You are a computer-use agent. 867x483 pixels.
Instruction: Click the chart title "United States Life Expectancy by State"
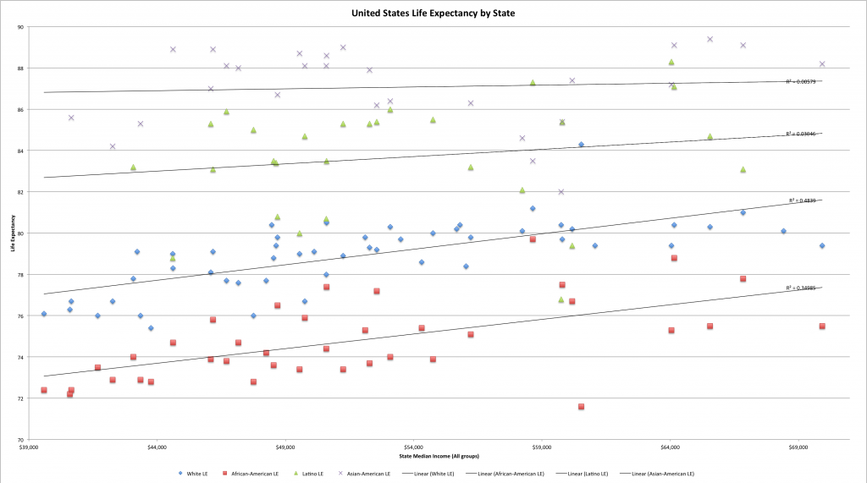tap(433, 14)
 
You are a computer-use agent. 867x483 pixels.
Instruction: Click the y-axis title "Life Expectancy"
tap(13, 233)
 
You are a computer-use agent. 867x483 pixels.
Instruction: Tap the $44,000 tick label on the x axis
tap(157, 447)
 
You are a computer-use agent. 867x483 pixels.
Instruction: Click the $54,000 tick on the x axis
tap(413, 447)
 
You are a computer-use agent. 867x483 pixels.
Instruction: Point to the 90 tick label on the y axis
tap(19, 27)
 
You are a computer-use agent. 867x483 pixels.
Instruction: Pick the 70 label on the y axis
tap(19, 441)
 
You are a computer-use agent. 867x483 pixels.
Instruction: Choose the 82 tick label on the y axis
tap(19, 192)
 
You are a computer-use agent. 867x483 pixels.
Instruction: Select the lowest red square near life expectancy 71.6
tap(582, 407)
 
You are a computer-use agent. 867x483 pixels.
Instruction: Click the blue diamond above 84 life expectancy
tap(581, 145)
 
